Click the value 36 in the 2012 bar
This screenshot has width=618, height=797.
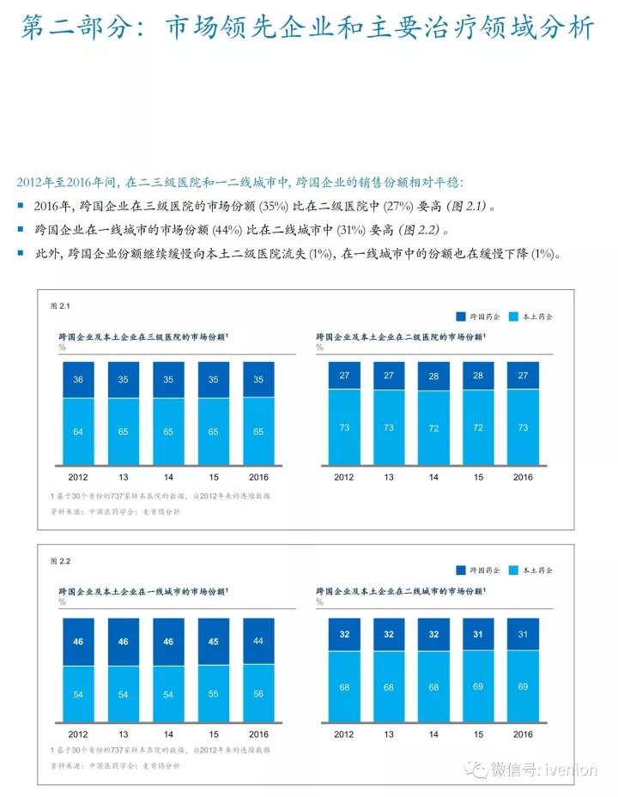77,378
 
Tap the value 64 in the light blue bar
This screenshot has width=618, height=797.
77,431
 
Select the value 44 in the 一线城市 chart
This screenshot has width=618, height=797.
258,641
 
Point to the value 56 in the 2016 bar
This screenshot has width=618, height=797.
258,693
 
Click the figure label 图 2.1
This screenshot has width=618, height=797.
59,305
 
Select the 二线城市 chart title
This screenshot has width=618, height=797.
399,592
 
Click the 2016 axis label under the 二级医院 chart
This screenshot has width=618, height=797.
523,477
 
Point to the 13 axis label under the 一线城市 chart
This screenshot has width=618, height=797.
123,734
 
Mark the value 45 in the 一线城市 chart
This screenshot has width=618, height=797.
213,641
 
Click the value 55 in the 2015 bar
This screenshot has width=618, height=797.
213,693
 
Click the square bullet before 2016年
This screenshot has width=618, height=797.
21,207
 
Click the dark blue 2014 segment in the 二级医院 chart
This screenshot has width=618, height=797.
433,376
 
